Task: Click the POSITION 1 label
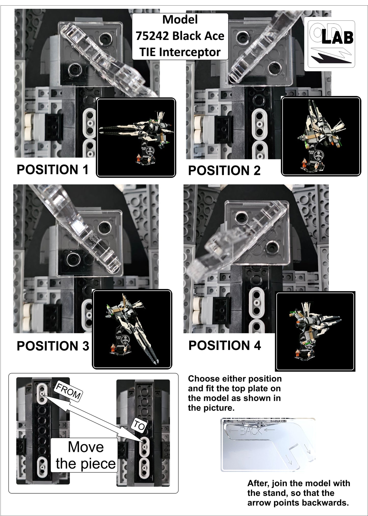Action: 52,170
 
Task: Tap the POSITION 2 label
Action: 224,170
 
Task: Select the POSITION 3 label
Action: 53,346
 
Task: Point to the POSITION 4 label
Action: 225,345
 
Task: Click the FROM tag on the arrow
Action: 68,391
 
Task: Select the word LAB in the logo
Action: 337,38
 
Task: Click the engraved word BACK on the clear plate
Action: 251,431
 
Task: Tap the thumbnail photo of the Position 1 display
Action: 136,138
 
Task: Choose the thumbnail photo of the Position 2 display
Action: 321,136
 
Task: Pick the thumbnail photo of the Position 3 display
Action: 132,329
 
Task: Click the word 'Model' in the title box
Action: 180,20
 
